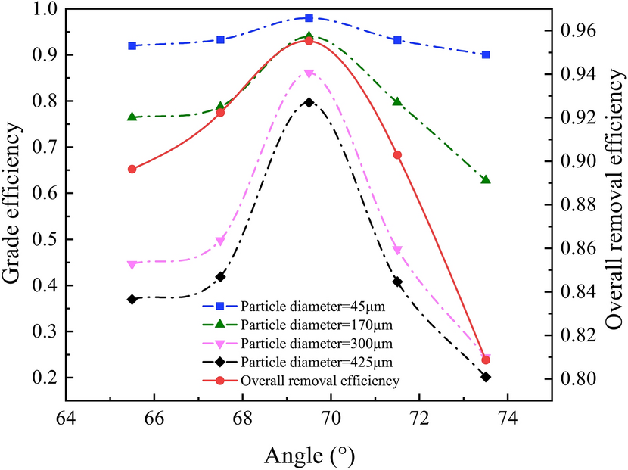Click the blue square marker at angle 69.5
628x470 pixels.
(309, 17)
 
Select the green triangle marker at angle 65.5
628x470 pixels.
(132, 117)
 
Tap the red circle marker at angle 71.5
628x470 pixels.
(397, 154)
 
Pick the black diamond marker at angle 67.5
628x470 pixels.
(220, 277)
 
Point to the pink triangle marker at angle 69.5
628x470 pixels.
(309, 73)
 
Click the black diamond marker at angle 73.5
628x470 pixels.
(486, 376)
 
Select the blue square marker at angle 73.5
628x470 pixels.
(486, 54)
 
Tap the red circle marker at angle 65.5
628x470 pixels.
(132, 169)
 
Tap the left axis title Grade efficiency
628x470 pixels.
(13, 193)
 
